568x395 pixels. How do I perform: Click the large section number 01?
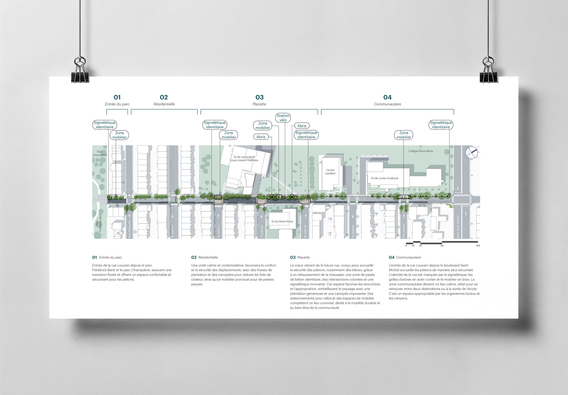point(117,97)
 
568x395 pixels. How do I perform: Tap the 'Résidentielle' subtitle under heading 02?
point(164,104)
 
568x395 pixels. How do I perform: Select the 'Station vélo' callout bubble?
point(283,118)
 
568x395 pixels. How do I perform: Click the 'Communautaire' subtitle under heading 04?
point(387,104)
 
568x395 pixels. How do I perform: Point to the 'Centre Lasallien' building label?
point(330,172)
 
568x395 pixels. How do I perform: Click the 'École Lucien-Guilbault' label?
point(384,178)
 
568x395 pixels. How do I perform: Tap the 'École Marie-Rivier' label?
point(282,221)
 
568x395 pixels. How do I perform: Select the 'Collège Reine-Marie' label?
point(420,151)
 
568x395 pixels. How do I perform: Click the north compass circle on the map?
point(471,153)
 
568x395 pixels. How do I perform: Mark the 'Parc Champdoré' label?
point(100,154)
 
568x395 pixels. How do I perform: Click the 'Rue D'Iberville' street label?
point(130,229)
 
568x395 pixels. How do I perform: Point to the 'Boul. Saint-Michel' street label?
point(458,227)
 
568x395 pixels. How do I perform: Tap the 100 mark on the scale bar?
point(478,246)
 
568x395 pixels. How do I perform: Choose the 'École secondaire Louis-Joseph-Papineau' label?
point(244,159)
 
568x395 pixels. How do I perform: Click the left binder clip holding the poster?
point(80,70)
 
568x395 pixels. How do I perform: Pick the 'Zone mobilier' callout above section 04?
point(403,135)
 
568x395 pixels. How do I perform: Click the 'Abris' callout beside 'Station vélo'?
point(301,126)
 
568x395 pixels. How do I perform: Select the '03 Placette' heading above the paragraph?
point(300,258)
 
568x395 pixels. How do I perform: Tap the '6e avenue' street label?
point(218,232)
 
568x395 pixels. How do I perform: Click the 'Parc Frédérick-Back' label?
point(98,223)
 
